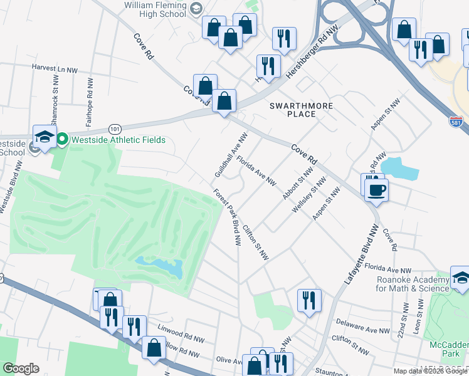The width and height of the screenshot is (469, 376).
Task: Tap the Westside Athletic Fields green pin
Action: pos(62,139)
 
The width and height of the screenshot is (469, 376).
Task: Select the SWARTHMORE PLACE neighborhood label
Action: pos(301,110)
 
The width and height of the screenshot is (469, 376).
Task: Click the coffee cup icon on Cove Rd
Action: pos(376,190)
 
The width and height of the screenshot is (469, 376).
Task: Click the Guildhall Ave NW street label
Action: pos(231,154)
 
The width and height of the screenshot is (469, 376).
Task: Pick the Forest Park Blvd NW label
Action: pos(227,216)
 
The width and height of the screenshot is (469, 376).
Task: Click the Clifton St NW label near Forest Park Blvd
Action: pos(256,243)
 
